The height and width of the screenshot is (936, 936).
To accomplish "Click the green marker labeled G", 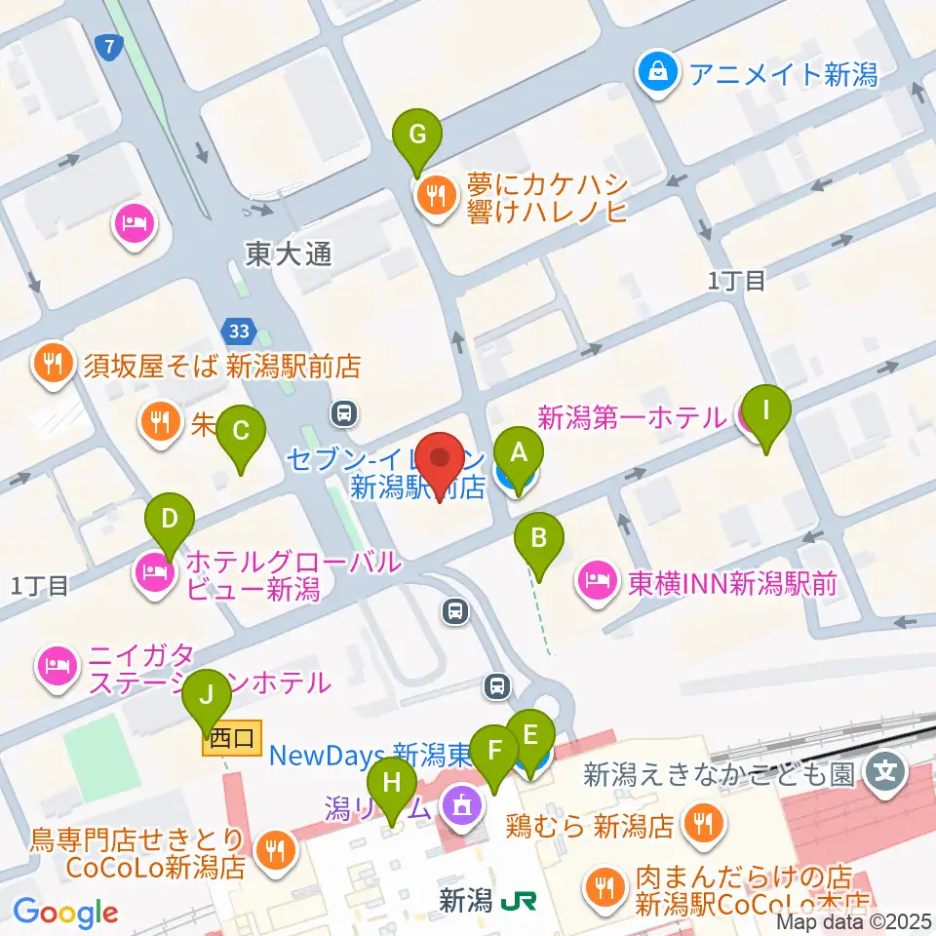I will point(417,136).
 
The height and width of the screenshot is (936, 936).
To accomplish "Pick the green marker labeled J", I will point(207,698).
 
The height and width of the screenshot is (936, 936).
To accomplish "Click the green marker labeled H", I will point(392,784).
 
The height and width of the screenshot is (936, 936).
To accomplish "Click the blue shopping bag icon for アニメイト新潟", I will point(659,72).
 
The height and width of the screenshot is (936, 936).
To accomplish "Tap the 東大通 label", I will point(289,255).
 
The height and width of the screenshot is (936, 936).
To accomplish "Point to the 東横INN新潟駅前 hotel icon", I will point(595,583).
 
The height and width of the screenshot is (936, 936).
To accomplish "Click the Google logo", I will point(65,913).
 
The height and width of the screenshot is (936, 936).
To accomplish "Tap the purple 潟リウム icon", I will point(457,805).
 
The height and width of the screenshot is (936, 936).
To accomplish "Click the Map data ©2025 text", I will point(854,920).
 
